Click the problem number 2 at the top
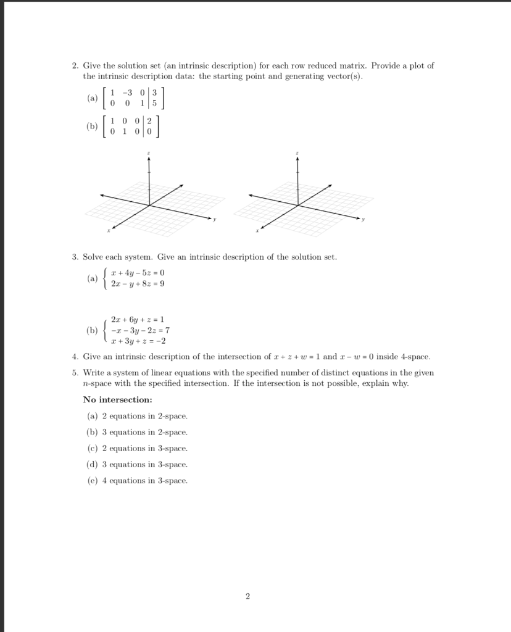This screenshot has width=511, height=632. click(74, 65)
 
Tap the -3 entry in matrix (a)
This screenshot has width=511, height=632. click(128, 94)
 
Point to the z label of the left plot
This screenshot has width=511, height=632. click(149, 152)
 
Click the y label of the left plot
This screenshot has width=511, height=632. click(214, 220)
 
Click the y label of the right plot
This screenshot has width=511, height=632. click(363, 220)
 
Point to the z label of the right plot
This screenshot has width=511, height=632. click(297, 152)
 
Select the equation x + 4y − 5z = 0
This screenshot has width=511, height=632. click(138, 272)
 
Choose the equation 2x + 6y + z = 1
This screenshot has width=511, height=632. click(138, 319)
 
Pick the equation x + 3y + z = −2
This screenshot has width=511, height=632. click(138, 340)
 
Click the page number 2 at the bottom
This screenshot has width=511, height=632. click(247, 596)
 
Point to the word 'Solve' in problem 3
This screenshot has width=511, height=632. click(94, 256)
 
